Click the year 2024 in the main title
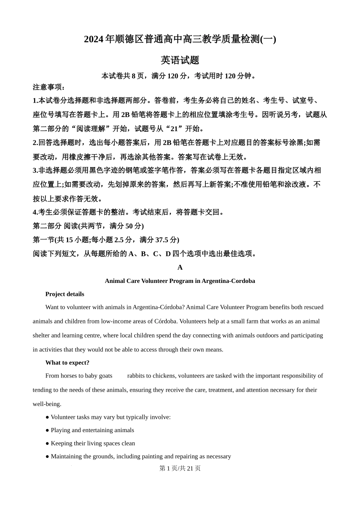coord(94,39)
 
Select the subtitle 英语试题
coord(180,60)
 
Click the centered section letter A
coord(180,267)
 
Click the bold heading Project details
coord(65,294)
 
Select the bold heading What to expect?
coord(67,363)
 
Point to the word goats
coord(105,376)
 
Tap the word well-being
coord(47,404)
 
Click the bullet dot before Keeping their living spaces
coord(47,443)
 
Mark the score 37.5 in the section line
coord(161,240)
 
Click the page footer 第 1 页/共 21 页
coord(180,468)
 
